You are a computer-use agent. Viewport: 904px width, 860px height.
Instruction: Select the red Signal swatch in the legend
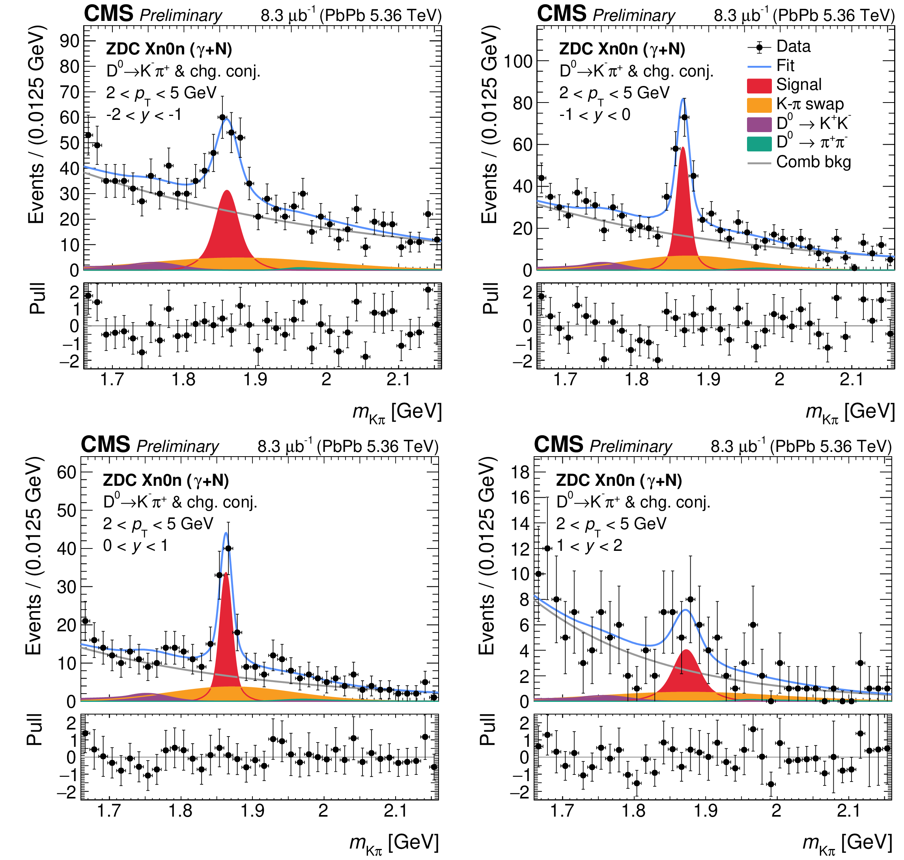point(759,86)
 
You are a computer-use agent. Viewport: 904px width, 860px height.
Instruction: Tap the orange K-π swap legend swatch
point(759,105)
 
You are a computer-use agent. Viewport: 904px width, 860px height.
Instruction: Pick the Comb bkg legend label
point(813,162)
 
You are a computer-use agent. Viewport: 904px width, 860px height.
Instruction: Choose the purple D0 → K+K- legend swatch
point(759,124)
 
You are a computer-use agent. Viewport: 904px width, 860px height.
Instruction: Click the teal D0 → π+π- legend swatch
point(759,144)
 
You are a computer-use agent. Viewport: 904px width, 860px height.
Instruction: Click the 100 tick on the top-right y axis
point(518,61)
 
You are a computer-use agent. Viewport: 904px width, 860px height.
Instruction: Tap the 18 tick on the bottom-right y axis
point(520,472)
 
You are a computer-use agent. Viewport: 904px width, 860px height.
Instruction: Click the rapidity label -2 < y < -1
point(144,115)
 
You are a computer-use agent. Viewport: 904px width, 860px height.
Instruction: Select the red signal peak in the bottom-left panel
point(226,642)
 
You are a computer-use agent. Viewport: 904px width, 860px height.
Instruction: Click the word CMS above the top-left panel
point(108,14)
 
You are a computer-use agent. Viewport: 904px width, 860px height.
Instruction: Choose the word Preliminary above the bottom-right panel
point(631,446)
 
